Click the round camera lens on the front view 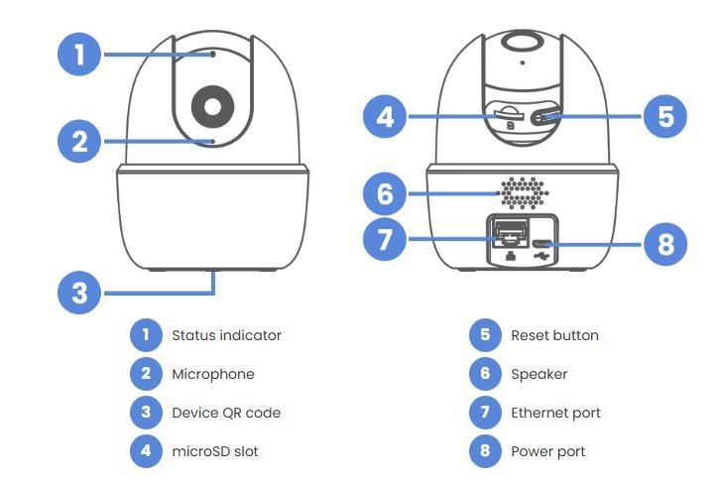pos(214,104)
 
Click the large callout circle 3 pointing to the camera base pos(80,293)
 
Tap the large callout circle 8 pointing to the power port pos(664,244)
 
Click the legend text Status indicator pos(227,335)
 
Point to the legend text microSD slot pos(215,451)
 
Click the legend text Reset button pos(554,335)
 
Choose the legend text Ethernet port pos(555,413)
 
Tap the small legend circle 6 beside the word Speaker pos(484,374)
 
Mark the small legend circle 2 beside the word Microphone pos(145,374)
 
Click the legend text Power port pos(548,451)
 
